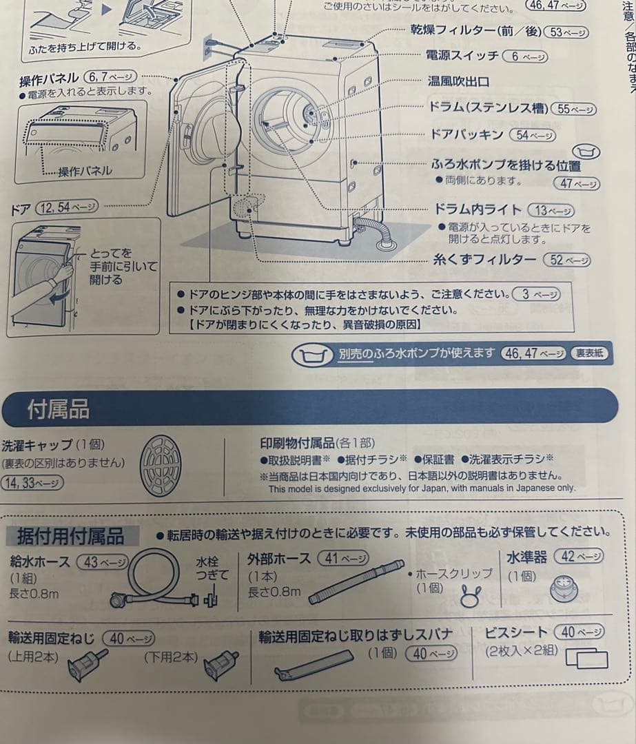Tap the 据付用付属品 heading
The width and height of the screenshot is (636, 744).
click(70, 535)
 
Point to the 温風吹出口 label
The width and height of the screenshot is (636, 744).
click(458, 81)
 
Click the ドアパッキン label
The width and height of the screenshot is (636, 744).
click(466, 135)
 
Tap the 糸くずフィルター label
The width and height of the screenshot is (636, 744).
click(484, 260)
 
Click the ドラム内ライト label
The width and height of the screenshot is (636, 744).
click(476, 209)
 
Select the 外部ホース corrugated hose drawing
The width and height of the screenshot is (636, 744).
click(356, 581)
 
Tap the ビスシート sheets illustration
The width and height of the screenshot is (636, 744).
click(586, 659)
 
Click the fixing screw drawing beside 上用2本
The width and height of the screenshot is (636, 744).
click(88, 663)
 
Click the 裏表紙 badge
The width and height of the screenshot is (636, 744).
click(589, 353)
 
